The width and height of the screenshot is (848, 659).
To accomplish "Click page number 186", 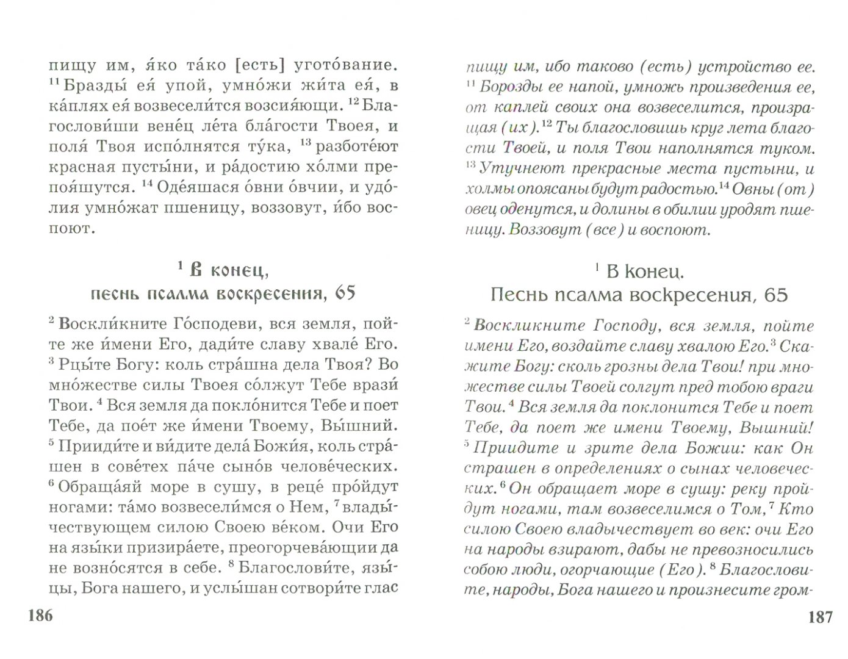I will [41, 616].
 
